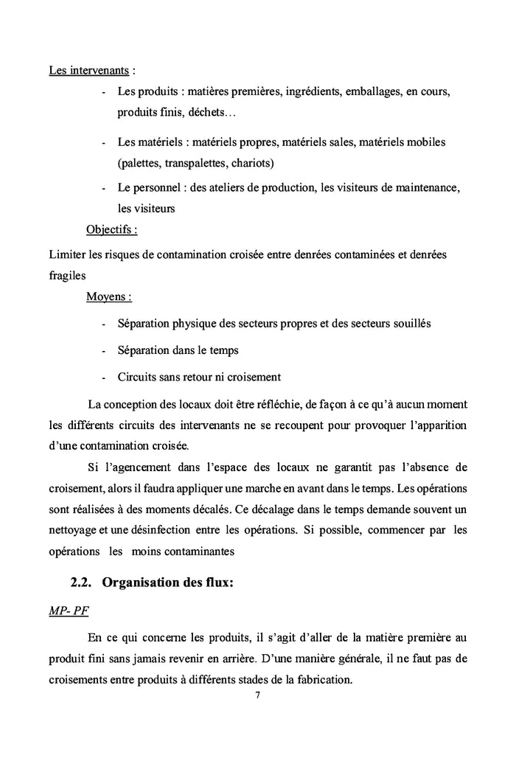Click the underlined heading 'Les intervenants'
(89, 72)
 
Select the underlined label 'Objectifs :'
(111, 229)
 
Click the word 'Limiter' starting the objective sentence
(66, 254)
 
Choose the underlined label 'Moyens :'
(109, 297)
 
